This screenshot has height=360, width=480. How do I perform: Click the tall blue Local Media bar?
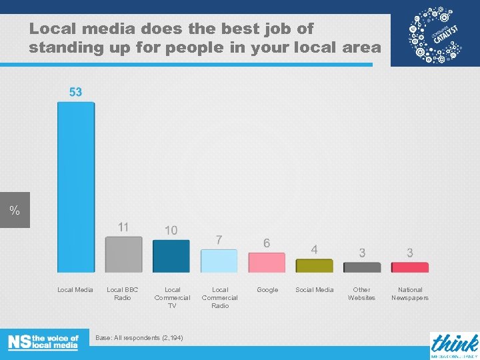click(x=76, y=187)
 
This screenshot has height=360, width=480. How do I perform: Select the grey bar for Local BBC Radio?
click(x=123, y=255)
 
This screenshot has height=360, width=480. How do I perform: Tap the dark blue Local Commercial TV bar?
click(x=171, y=256)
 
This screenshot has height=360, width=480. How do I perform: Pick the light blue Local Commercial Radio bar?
click(x=219, y=261)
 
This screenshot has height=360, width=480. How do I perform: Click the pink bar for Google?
click(x=267, y=262)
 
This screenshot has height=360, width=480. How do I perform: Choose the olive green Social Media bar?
click(x=314, y=265)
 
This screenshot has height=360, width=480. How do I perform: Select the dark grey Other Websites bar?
click(x=362, y=267)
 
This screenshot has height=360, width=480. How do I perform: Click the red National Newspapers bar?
click(x=409, y=267)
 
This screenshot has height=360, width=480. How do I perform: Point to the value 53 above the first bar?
click(x=76, y=92)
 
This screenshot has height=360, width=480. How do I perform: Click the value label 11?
click(x=123, y=227)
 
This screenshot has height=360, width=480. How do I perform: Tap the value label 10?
click(x=171, y=230)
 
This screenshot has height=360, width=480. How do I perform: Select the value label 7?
click(x=219, y=239)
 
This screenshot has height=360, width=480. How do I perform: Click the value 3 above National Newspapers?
click(x=409, y=253)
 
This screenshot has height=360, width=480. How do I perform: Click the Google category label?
click(x=267, y=290)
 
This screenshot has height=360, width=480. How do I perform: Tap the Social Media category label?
click(x=315, y=290)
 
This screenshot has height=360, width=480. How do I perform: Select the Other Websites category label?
click(x=362, y=294)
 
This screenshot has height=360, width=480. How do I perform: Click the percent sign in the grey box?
click(x=15, y=211)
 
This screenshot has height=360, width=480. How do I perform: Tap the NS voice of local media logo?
click(x=43, y=342)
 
